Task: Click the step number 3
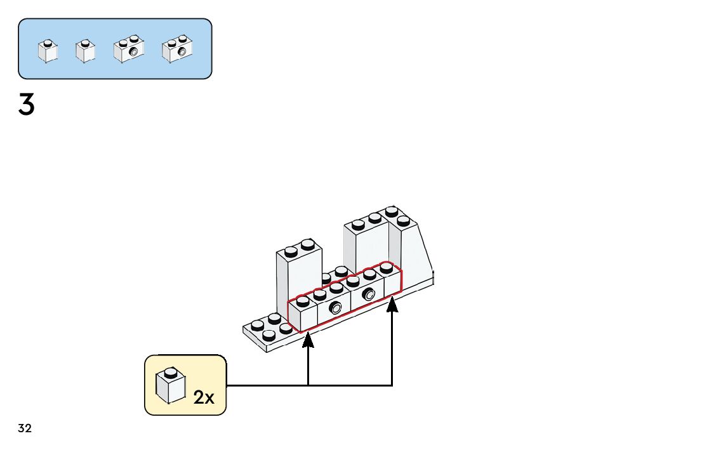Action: (26, 105)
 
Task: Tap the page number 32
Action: (25, 428)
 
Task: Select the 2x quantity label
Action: (204, 398)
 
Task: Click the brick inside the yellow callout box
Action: (170, 386)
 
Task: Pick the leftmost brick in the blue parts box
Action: (48, 51)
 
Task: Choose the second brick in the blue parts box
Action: (85, 51)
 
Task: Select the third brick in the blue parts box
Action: (129, 50)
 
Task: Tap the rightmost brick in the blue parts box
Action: (177, 50)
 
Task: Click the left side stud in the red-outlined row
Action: (336, 309)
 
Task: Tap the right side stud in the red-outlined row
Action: (369, 294)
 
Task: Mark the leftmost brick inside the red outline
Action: (303, 314)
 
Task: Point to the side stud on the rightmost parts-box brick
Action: (182, 51)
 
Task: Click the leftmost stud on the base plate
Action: (257, 326)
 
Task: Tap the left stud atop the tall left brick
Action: (291, 249)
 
